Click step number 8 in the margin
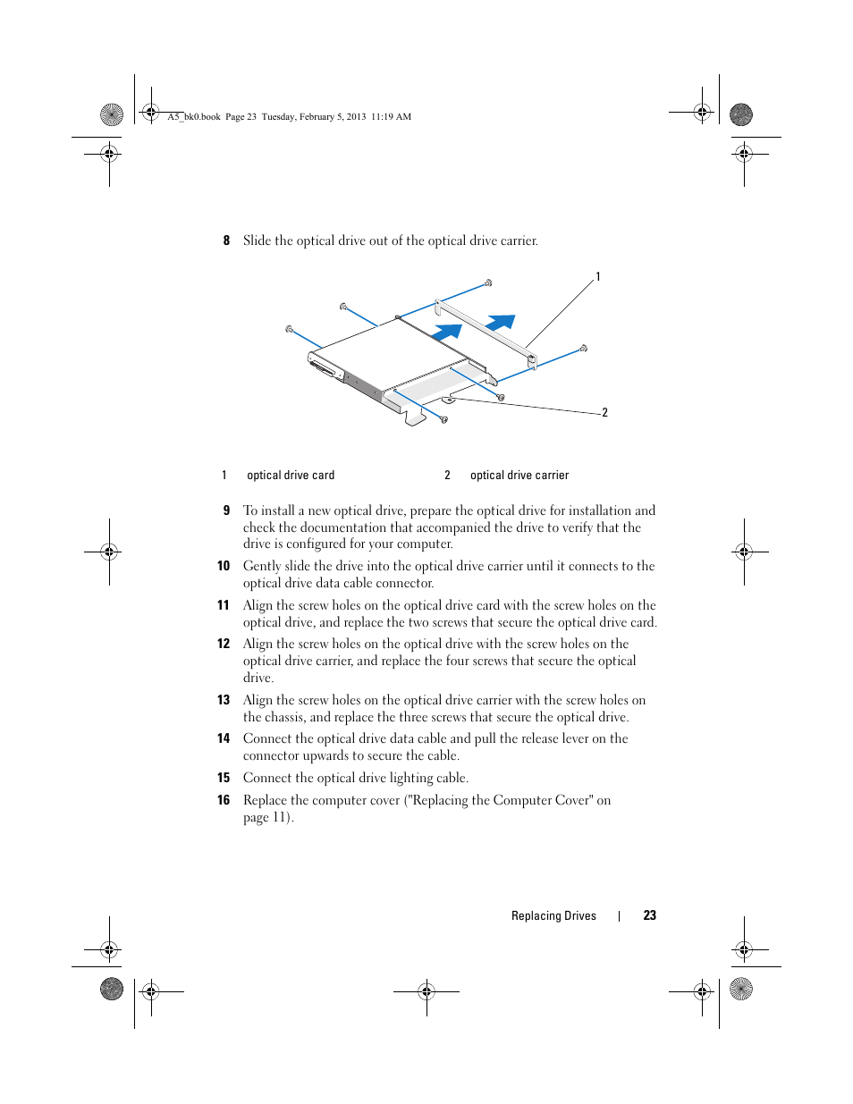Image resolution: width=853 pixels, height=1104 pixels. click(x=226, y=240)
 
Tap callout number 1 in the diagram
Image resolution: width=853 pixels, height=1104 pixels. click(x=598, y=277)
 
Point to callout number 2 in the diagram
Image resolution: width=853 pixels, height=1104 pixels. click(x=604, y=412)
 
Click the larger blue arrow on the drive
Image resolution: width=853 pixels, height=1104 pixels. click(x=446, y=331)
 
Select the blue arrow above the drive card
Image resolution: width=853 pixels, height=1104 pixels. click(x=501, y=321)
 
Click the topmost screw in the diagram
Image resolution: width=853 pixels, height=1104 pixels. click(x=488, y=283)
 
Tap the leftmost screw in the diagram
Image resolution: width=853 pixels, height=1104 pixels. click(x=289, y=329)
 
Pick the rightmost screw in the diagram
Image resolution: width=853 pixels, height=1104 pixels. click(x=584, y=348)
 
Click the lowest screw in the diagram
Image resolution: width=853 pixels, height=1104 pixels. click(x=444, y=418)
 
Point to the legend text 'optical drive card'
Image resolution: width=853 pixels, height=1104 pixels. click(x=291, y=476)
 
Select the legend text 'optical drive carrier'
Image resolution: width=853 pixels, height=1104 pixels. click(x=519, y=476)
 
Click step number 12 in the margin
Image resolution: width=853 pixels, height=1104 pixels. click(x=224, y=644)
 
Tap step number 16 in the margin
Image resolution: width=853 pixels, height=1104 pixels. click(x=224, y=800)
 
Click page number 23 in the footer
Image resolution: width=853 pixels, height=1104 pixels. click(x=650, y=915)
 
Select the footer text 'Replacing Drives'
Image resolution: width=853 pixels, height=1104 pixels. click(x=553, y=915)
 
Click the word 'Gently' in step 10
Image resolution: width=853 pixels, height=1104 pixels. click(x=262, y=566)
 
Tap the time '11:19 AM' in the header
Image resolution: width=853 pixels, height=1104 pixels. click(x=392, y=116)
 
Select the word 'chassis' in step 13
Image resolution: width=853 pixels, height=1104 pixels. click(x=284, y=717)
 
